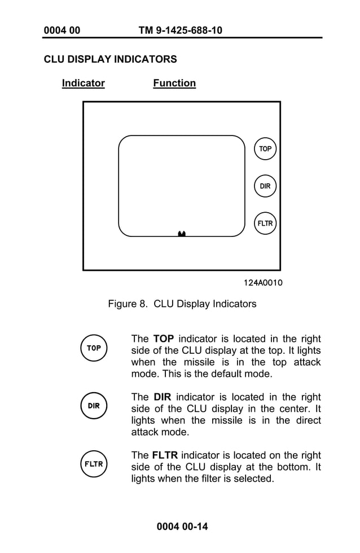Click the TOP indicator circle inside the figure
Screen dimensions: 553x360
(265, 149)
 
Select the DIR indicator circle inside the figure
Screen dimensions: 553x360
(265, 186)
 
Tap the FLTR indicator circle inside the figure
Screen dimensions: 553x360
(265, 223)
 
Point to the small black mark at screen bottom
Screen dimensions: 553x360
(182, 233)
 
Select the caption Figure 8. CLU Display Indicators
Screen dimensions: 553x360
(182, 304)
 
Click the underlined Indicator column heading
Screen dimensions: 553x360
(83, 84)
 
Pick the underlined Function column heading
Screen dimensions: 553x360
(174, 84)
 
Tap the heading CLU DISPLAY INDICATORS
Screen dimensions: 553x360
(110, 59)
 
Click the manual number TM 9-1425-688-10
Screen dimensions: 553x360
(180, 30)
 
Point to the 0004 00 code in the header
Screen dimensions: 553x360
(62, 30)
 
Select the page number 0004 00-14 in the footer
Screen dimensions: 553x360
(182, 526)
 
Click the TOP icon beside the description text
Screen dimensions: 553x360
(94, 348)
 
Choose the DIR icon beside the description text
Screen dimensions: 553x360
(94, 406)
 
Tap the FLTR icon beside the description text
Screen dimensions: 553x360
(94, 464)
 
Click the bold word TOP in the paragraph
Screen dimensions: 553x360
(163, 339)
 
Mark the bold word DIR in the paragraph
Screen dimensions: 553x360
(162, 397)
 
